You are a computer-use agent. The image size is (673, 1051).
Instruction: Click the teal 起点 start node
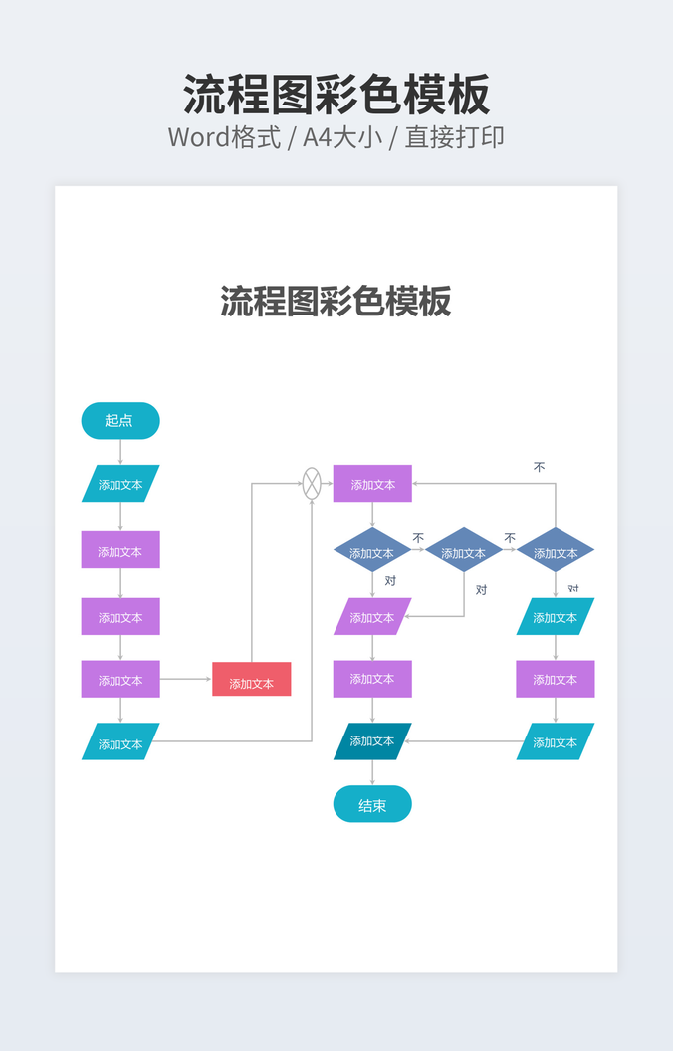[120, 420]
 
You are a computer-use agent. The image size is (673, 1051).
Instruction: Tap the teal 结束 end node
[372, 804]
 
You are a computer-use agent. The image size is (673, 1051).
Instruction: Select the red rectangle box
[251, 680]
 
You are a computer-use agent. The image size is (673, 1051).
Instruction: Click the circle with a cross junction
[312, 483]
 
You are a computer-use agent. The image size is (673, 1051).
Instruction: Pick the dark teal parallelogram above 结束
[372, 741]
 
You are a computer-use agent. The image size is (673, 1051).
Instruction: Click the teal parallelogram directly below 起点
[120, 484]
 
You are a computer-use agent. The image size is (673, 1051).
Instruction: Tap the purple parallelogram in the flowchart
[372, 617]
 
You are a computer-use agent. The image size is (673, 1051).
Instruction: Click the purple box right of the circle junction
[372, 484]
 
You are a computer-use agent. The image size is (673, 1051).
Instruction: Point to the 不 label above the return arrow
[540, 466]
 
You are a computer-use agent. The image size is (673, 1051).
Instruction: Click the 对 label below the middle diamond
[482, 590]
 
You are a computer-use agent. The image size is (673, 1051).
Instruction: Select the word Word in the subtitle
[199, 137]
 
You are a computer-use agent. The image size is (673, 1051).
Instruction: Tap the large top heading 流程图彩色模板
[336, 96]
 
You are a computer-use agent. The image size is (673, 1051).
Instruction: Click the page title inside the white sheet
[336, 301]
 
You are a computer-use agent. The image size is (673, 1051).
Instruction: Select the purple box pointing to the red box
[120, 680]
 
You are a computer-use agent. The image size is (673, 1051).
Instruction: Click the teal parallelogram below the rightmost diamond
[556, 617]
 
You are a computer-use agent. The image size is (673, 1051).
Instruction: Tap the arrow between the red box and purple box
[186, 679]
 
